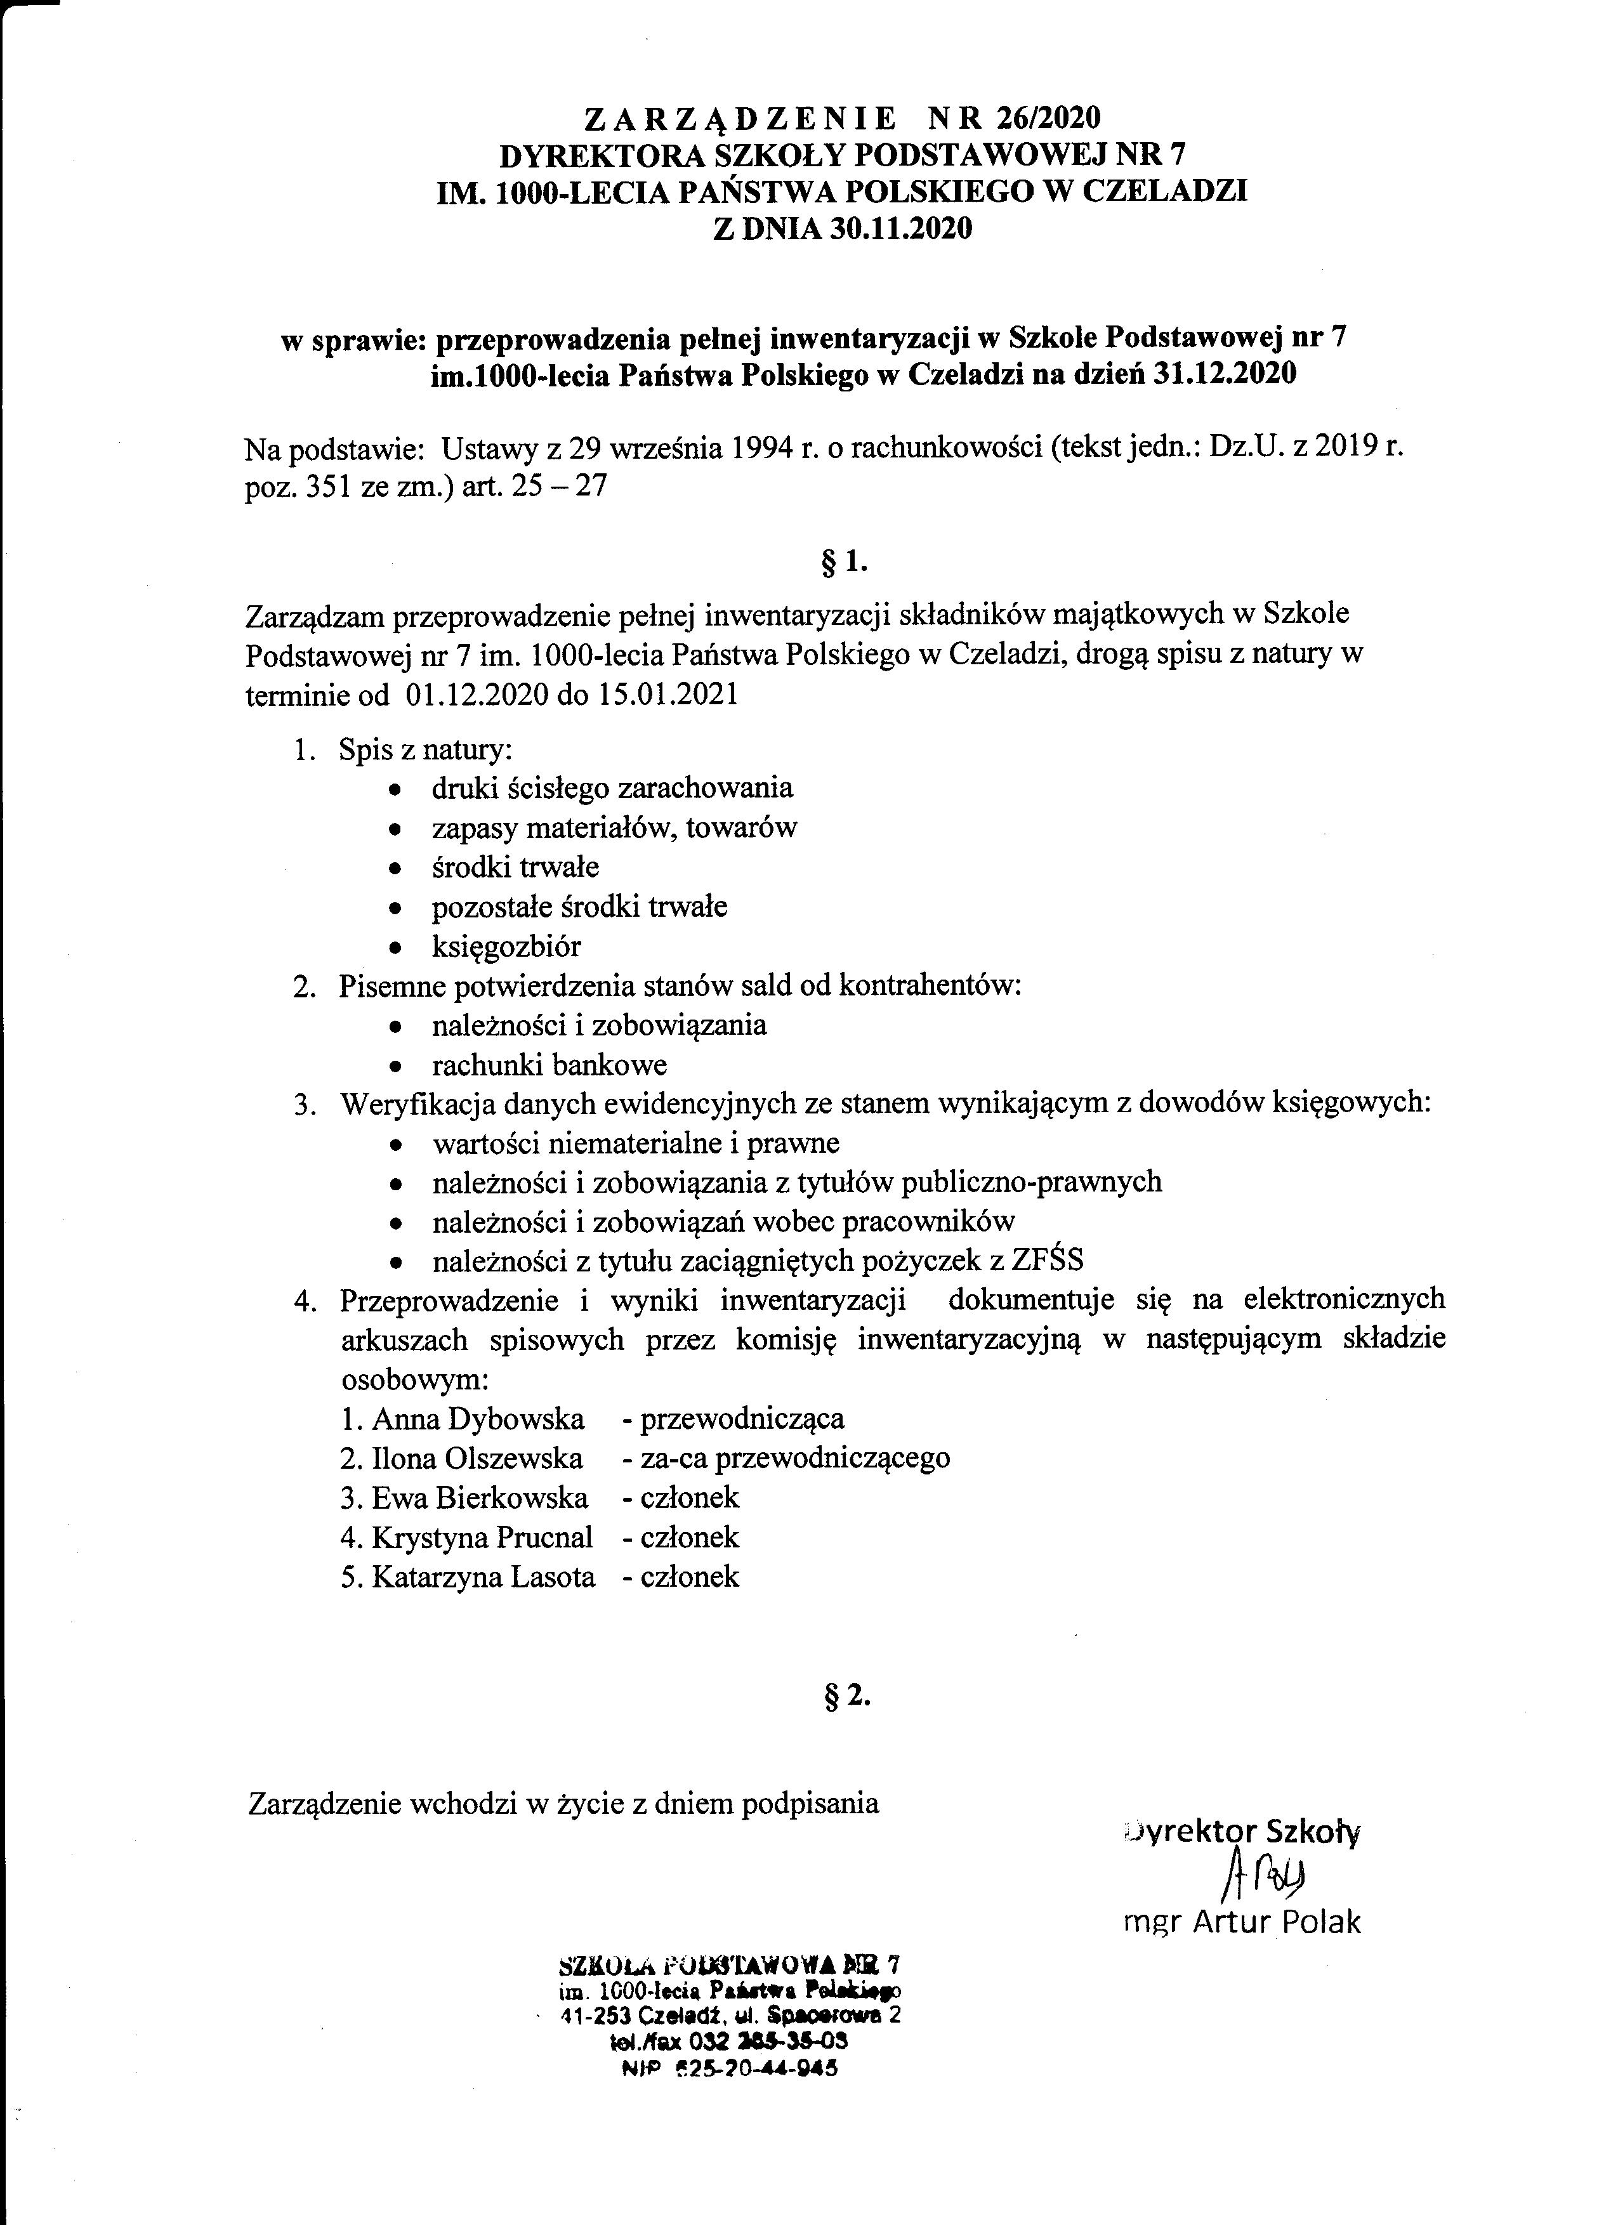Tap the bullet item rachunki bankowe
[549, 1065]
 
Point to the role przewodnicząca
[742, 1419]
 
